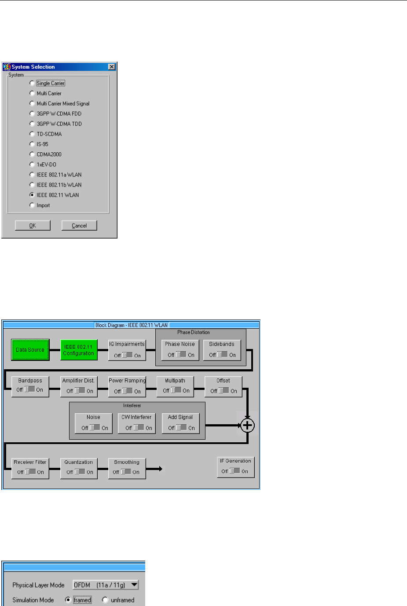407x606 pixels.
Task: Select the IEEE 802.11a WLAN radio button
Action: point(32,175)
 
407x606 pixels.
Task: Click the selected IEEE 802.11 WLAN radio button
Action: point(32,195)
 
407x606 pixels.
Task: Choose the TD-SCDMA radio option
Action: point(32,134)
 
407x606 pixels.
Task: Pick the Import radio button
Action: point(32,205)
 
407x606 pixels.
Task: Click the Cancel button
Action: point(79,226)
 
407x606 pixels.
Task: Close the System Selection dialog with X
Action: point(112,67)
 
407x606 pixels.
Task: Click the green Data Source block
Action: point(30,350)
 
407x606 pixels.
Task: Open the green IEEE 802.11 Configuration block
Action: point(79,350)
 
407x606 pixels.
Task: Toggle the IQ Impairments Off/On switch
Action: point(127,355)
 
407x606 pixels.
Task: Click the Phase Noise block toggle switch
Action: point(181,355)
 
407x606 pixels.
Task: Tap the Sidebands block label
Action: point(222,344)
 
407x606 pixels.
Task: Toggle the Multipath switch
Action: point(176,390)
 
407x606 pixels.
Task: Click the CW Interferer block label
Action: point(136,417)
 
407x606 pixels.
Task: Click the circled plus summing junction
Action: point(248,425)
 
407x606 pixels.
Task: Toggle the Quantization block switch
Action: point(80,472)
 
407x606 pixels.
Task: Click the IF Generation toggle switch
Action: point(235,471)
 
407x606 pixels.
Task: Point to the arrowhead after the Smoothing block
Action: point(161,469)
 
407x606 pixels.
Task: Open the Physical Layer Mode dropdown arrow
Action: point(134,585)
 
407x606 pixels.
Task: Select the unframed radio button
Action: point(105,600)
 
